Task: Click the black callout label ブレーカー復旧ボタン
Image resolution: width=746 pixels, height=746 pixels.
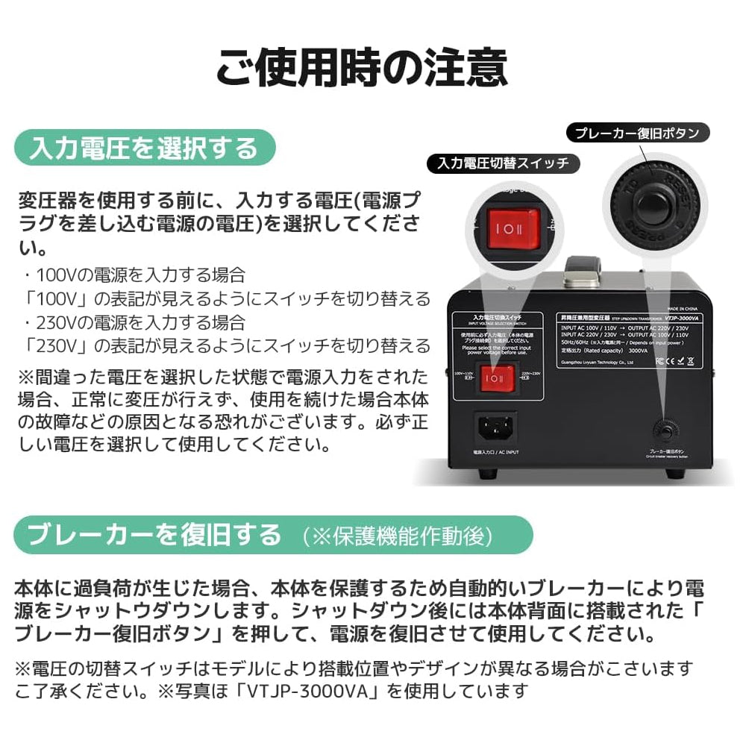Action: pyautogui.click(x=636, y=134)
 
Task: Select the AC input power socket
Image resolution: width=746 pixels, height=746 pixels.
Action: pyautogui.click(x=497, y=428)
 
